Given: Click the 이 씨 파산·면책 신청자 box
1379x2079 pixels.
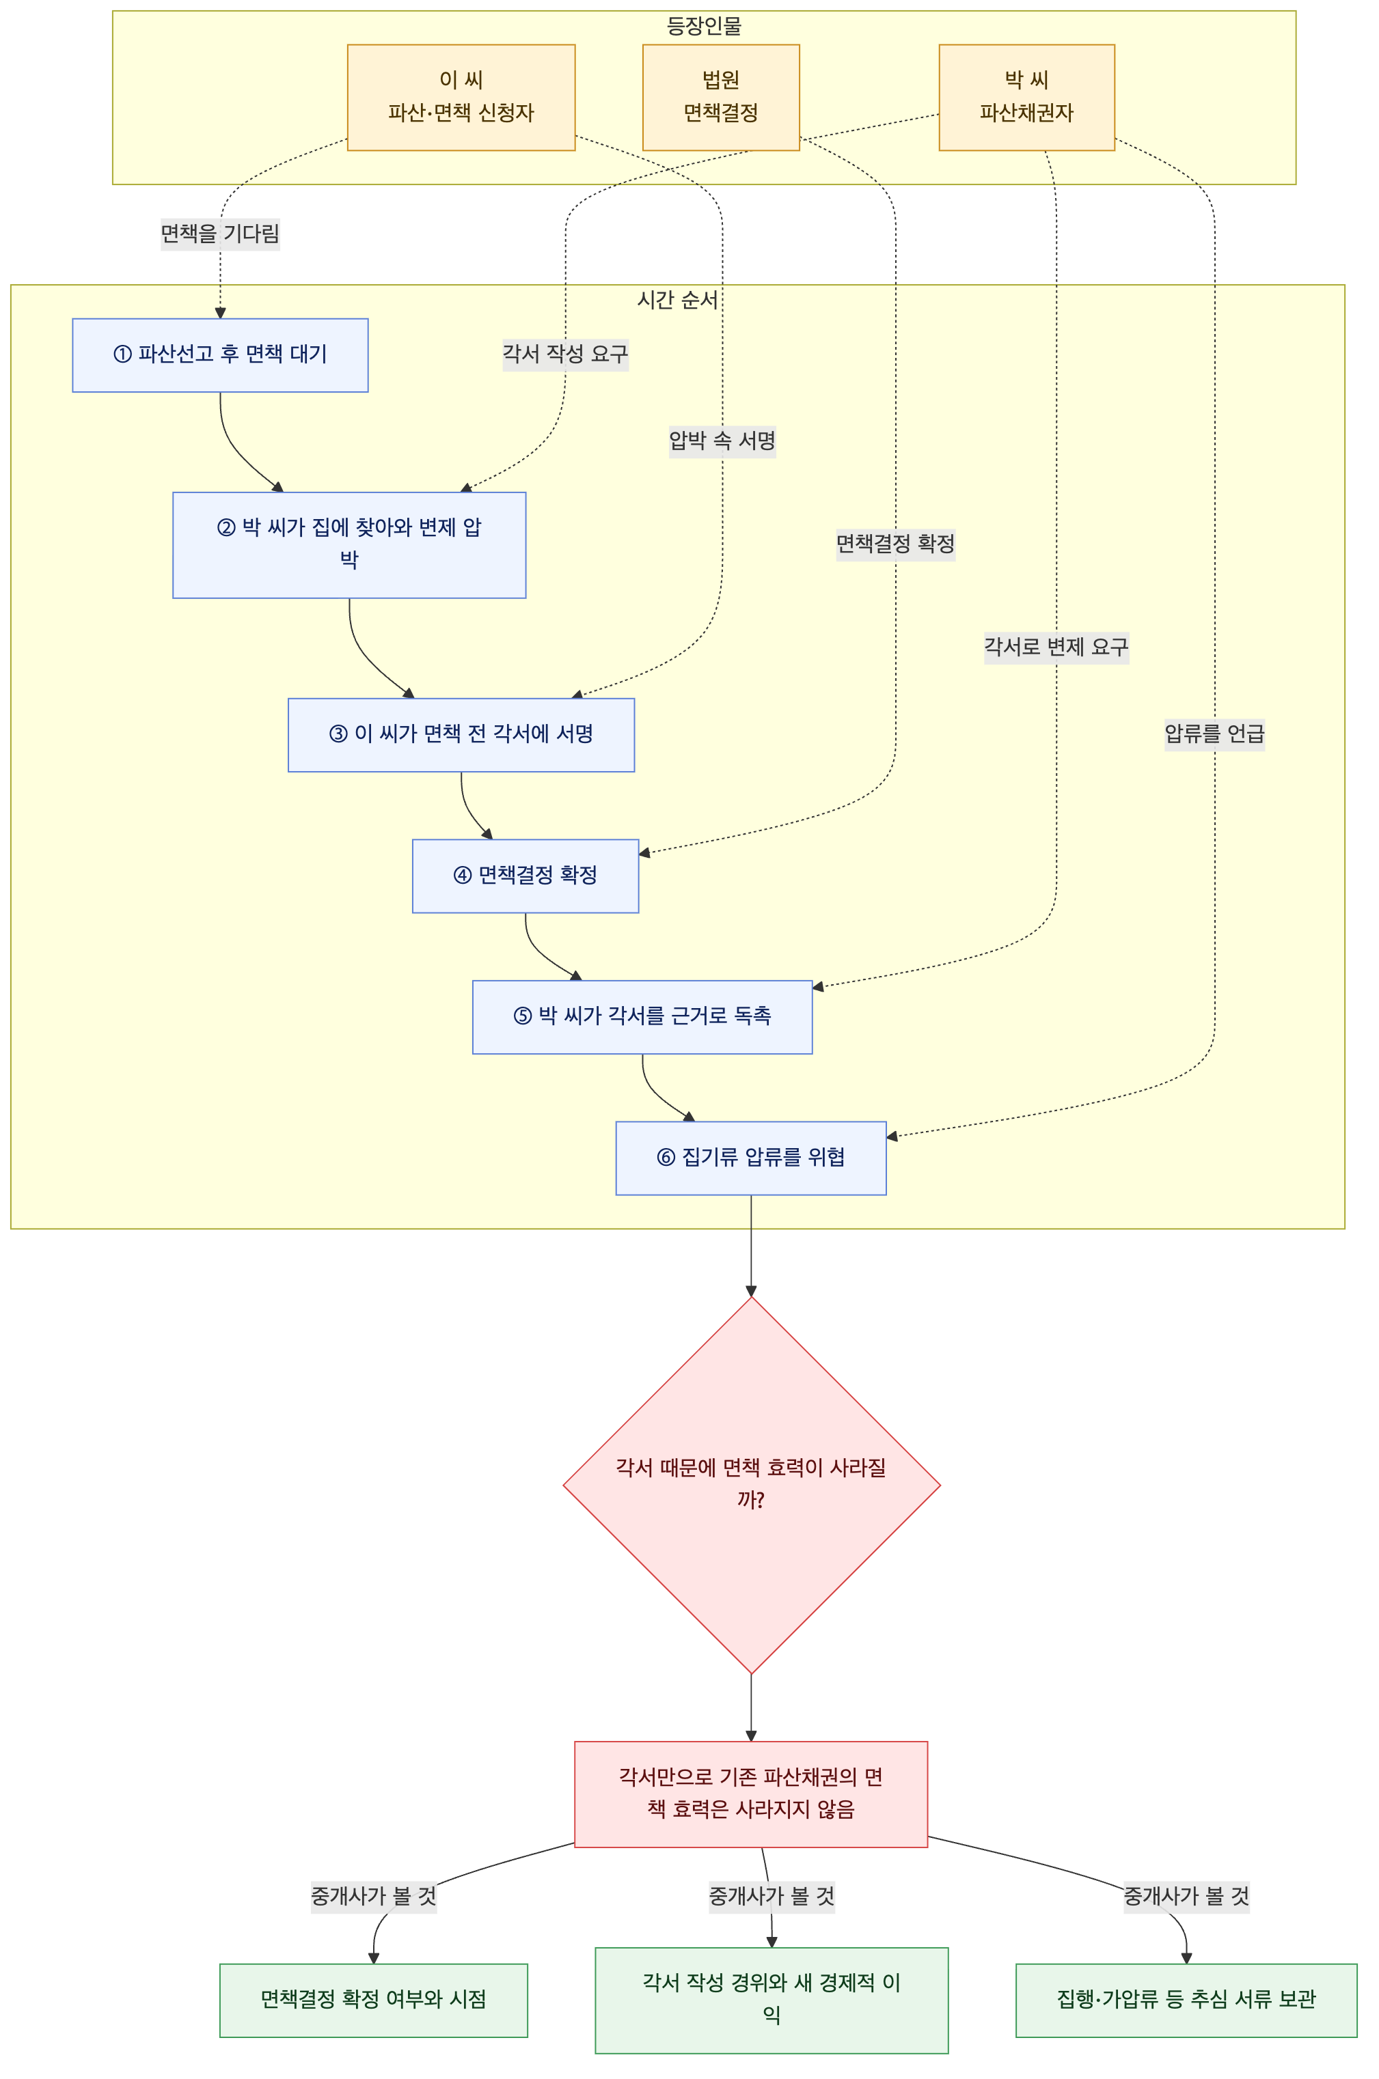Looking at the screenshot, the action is coord(461,98).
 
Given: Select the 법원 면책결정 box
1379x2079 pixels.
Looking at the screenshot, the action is coord(720,98).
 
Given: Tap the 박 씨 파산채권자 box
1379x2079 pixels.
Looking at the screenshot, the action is coord(1026,98).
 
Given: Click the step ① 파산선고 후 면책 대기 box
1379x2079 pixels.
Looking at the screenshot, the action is coord(220,355).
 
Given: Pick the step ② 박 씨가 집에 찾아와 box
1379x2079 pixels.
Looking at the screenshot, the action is coord(349,545).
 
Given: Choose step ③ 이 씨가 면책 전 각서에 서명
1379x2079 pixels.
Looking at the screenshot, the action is coord(461,735).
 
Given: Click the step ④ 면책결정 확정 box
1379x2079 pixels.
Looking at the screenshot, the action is coord(525,876).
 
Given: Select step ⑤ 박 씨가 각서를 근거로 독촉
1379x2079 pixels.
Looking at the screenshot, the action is coord(642,1017).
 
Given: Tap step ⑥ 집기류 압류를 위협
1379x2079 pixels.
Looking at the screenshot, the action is coord(750,1158).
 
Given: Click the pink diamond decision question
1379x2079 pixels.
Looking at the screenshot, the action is coord(751,1485).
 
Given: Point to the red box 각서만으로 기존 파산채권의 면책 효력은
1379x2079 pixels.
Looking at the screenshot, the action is coord(751,1794).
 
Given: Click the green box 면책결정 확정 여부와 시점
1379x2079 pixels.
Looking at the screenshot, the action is coord(374,2000).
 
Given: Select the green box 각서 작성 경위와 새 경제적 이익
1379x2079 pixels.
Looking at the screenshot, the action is coord(772,2000).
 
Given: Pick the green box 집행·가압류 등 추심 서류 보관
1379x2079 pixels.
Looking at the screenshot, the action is coord(1186,2000).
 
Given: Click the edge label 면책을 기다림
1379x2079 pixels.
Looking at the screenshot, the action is coord(220,234).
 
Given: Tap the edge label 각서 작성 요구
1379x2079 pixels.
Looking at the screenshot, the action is coord(566,354).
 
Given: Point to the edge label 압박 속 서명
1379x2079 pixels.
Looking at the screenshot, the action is coord(722,441).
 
